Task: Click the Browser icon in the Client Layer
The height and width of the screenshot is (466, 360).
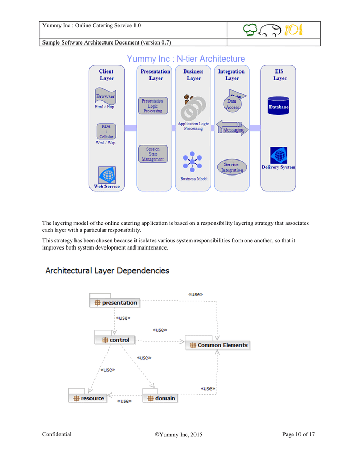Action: (x=105, y=96)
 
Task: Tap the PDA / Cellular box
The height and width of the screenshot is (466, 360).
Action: (x=106, y=131)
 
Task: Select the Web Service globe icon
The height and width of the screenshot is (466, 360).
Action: (x=107, y=175)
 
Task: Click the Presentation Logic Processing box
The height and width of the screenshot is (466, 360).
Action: (x=153, y=106)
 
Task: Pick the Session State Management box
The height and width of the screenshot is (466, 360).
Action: (x=153, y=154)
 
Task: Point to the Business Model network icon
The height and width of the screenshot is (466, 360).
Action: (x=192, y=163)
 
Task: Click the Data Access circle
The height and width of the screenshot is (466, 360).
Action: (x=232, y=104)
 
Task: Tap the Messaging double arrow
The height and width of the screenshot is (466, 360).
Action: (x=232, y=127)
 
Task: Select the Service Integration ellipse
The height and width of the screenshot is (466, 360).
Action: (x=232, y=167)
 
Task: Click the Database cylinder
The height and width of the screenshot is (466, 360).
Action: (x=278, y=106)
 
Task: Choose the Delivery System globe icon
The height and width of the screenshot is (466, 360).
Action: (x=278, y=155)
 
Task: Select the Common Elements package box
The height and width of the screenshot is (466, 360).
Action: (x=217, y=345)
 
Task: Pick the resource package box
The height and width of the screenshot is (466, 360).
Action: (x=88, y=398)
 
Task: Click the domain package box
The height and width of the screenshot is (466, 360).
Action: (x=160, y=398)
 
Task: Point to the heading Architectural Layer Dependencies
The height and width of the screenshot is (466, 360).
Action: (x=107, y=271)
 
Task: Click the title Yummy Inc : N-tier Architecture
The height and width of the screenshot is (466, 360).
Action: (x=186, y=59)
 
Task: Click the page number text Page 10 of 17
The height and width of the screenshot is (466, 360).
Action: (x=298, y=434)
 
